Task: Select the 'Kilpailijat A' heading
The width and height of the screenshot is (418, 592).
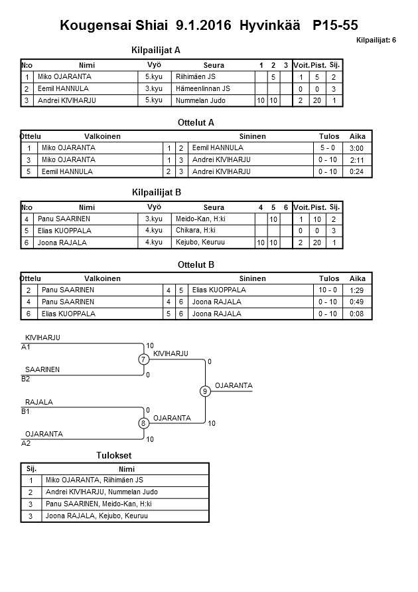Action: click(x=157, y=50)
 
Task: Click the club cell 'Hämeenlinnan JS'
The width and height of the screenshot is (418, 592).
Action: click(x=203, y=88)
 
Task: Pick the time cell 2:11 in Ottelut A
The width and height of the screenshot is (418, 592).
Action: click(x=356, y=160)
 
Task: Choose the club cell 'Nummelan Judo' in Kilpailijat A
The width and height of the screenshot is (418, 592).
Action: click(x=200, y=101)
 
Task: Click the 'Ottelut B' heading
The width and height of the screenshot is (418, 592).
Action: click(x=196, y=264)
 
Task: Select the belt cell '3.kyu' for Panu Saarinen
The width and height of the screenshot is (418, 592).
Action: click(x=154, y=219)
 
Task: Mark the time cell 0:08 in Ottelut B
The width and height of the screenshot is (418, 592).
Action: click(x=356, y=314)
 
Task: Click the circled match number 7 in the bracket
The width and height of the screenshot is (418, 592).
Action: click(x=143, y=359)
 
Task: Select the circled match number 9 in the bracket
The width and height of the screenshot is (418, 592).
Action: click(x=205, y=391)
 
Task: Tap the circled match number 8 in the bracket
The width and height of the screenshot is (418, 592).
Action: click(x=143, y=423)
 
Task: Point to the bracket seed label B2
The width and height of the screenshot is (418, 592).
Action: click(x=26, y=379)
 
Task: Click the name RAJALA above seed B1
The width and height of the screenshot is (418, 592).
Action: click(x=39, y=402)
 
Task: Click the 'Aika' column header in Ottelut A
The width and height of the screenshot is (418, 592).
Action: click(x=358, y=136)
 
